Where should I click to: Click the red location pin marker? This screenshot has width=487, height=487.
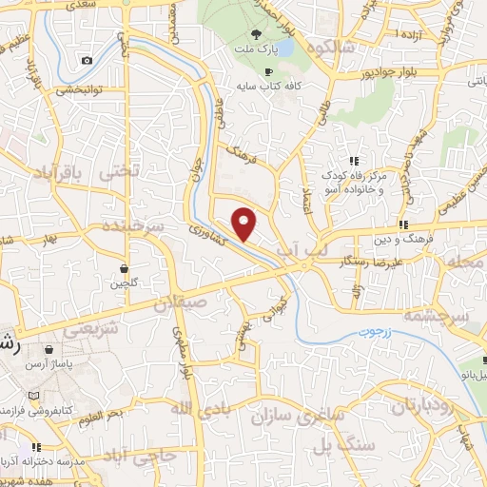click(x=245, y=223)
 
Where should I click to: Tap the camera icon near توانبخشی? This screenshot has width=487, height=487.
click(x=87, y=61)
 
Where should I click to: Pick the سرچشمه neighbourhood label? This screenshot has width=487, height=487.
click(x=437, y=314)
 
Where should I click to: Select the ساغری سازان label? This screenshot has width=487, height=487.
click(x=291, y=416)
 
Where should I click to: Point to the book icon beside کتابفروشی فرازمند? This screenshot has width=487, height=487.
click(x=35, y=396)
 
